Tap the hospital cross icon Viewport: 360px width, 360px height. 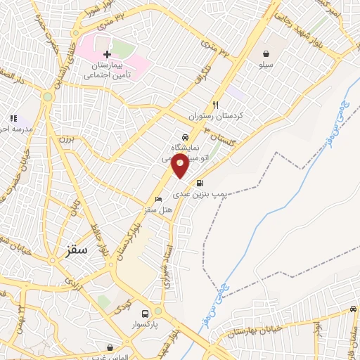pyautogui.click(x=107, y=54)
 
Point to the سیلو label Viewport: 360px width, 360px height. pyautogui.click(x=266, y=65)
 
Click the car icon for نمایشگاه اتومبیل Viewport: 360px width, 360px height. pyautogui.click(x=185, y=137)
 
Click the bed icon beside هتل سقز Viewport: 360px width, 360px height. pyautogui.click(x=157, y=199)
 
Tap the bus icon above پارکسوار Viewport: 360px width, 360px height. pyautogui.click(x=145, y=314)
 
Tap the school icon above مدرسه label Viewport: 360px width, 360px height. pyautogui.click(x=12, y=119)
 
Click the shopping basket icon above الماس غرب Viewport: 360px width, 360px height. pyautogui.click(x=110, y=347)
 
